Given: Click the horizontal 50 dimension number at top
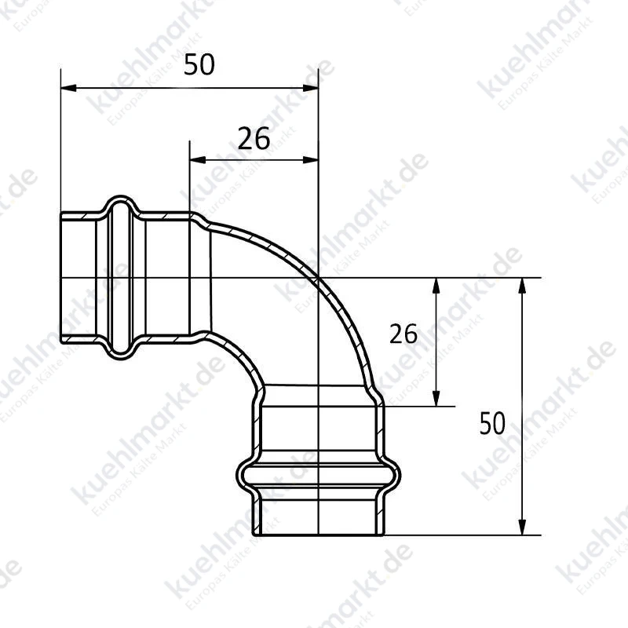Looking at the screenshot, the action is click(199, 64).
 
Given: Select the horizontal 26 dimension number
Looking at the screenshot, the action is click(254, 139).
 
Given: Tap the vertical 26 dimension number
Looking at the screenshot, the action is click(403, 334).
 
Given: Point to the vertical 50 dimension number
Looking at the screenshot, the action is click(492, 423).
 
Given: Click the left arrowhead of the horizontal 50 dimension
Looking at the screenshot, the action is click(68, 88).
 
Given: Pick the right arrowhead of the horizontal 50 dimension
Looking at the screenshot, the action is click(310, 88).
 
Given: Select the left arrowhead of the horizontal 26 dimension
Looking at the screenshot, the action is click(198, 160).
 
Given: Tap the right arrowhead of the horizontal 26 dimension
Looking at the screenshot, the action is click(310, 160).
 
